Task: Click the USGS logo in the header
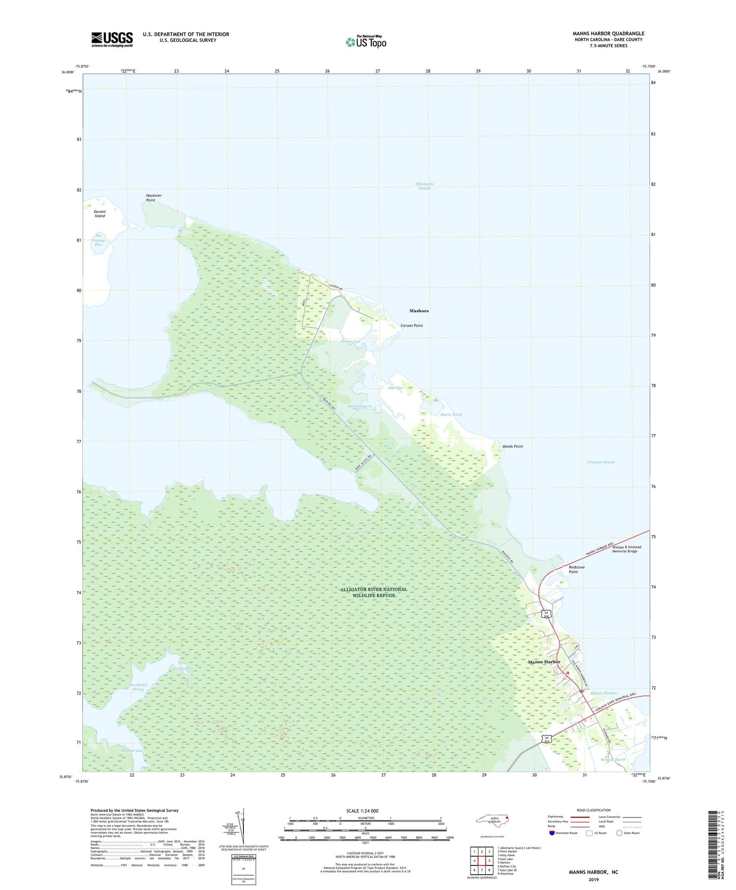click(x=112, y=39)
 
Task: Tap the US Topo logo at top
click(x=366, y=42)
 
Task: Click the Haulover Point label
click(x=154, y=198)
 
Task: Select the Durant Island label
click(x=100, y=214)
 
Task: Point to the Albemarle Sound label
click(x=424, y=186)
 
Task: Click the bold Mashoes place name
click(x=419, y=311)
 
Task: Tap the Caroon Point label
click(x=411, y=325)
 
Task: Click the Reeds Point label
click(x=513, y=446)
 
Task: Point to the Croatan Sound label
click(x=601, y=462)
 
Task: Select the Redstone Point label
click(x=577, y=569)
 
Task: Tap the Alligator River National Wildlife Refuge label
click(x=374, y=592)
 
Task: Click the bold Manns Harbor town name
click(x=544, y=662)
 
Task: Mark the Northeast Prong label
click(x=138, y=687)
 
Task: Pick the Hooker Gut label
click(x=132, y=751)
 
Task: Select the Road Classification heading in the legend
click(x=594, y=810)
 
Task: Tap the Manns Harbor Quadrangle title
click(x=608, y=33)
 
